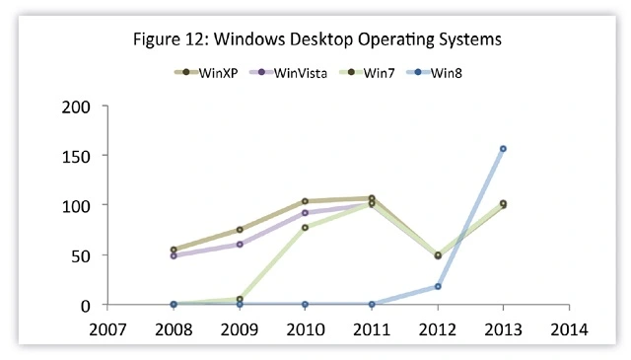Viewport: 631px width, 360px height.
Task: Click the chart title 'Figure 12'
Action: tap(315, 40)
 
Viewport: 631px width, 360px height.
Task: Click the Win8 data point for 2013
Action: tap(504, 149)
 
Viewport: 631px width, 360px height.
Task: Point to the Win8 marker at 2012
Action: tap(437, 287)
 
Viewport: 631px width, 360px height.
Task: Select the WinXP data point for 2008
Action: tap(174, 250)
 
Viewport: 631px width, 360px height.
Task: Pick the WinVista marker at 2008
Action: tap(174, 256)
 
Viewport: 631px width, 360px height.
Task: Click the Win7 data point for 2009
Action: tap(240, 299)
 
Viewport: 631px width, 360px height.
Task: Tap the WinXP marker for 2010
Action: tap(305, 201)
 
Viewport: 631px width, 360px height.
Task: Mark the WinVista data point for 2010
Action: tap(305, 213)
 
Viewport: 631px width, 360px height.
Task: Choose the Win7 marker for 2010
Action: tap(305, 228)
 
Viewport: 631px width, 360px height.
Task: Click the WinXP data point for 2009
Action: tap(240, 230)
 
